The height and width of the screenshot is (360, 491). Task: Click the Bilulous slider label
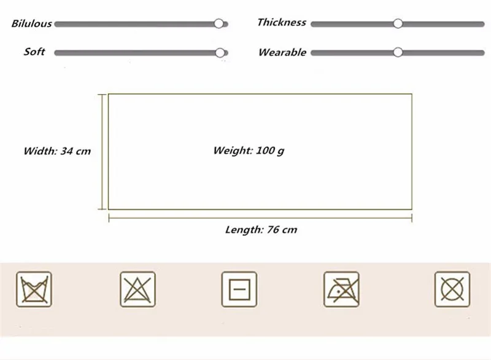coord(31,24)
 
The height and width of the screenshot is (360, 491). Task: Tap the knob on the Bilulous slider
coord(219,23)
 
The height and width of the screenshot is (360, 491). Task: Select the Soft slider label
coord(34,52)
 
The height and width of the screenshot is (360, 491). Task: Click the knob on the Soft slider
coord(220,53)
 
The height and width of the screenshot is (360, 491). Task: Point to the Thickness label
coord(281,22)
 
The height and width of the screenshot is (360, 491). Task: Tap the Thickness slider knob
coord(398,23)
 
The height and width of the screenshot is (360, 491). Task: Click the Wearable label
coord(282,52)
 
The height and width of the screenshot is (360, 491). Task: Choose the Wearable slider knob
coord(398,52)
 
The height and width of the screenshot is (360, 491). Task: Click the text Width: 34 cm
coord(57,151)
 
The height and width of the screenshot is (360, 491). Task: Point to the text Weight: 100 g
coord(249,151)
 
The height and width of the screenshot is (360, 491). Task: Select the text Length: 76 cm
coord(261,230)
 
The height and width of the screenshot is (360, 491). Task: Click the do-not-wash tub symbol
coord(34,289)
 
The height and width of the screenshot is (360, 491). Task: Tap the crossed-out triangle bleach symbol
coord(137,289)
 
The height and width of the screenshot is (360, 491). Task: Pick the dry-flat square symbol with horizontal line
coord(239,289)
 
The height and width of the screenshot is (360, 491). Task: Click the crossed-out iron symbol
coord(341,289)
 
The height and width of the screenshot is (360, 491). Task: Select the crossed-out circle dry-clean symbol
coord(452,289)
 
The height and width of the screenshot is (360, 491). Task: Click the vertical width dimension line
coord(102,151)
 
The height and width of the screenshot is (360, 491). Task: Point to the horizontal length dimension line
coord(260,217)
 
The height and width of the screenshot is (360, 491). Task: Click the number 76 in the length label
coord(273,230)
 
